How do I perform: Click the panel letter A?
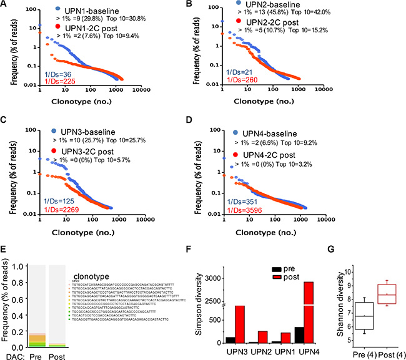tap(5, 5)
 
